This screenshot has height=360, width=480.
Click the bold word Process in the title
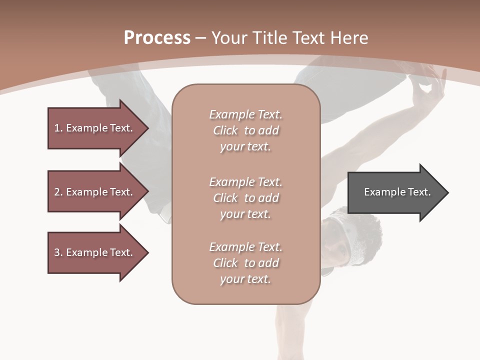click(x=157, y=38)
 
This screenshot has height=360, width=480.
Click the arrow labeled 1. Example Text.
click(x=95, y=128)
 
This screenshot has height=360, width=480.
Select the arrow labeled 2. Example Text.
click(x=95, y=192)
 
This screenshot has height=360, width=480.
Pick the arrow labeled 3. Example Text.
click(x=95, y=252)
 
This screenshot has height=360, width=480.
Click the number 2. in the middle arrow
click(x=58, y=192)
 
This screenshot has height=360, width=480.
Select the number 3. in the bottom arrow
click(x=58, y=252)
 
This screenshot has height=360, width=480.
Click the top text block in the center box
click(x=245, y=130)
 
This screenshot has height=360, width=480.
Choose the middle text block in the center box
click(x=245, y=198)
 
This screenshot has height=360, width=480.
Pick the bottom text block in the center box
click(x=245, y=263)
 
